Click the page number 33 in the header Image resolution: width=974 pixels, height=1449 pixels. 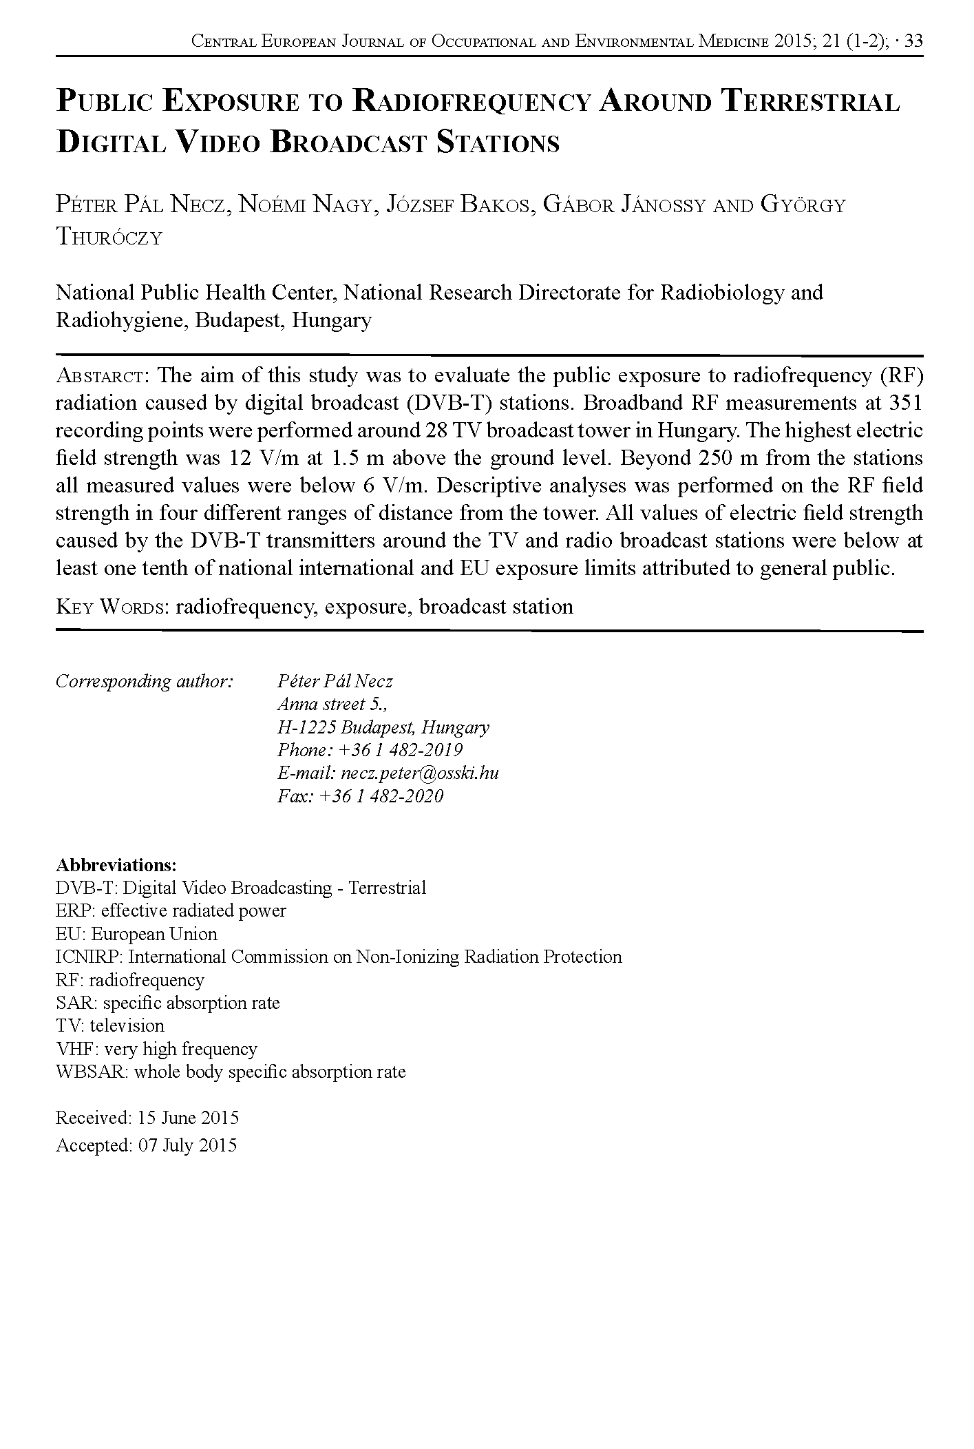pyautogui.click(x=913, y=41)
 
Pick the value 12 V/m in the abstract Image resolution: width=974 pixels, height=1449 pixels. pyautogui.click(x=260, y=458)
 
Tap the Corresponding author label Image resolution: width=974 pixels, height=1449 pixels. pyautogui.click(x=145, y=681)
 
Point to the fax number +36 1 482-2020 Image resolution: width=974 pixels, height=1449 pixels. pyautogui.click(x=381, y=796)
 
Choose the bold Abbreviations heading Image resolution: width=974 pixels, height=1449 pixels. pyautogui.click(x=116, y=864)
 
